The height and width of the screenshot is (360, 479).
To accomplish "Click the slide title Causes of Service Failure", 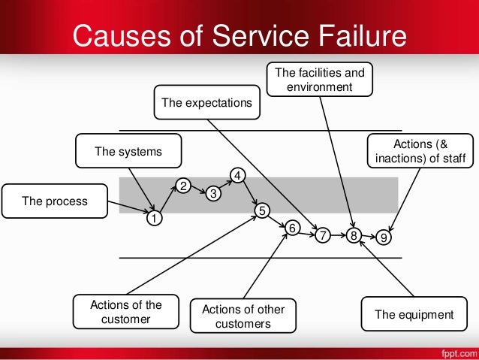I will [x=239, y=35].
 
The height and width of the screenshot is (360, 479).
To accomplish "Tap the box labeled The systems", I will [x=129, y=153].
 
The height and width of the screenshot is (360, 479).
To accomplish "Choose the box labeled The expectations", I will [x=208, y=102].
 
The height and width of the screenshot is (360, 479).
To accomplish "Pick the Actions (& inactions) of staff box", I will [x=420, y=151].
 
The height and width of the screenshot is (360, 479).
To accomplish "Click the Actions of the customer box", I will [x=125, y=313].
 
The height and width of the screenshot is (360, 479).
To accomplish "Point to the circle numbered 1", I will [x=153, y=219].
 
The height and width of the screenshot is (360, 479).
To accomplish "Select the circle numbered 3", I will [x=213, y=194].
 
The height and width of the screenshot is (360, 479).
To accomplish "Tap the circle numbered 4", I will [x=236, y=176].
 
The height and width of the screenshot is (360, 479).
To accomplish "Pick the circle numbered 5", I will [x=261, y=211].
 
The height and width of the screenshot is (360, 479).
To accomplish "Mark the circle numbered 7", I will [x=322, y=236].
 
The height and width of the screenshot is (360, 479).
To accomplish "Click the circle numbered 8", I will [x=354, y=236].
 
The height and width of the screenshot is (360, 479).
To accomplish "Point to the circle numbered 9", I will [x=384, y=237].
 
